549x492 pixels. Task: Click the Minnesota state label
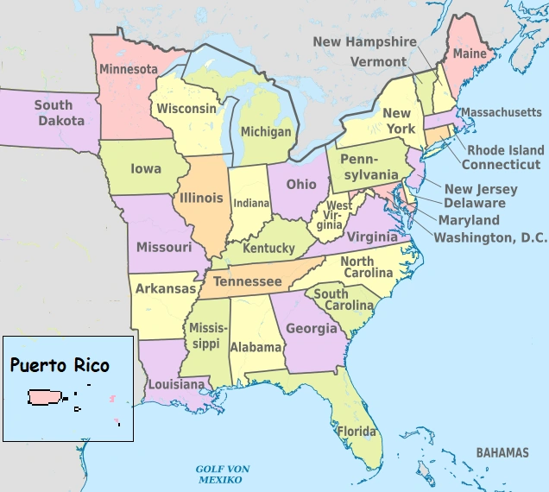point(128,69)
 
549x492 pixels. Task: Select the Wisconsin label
point(186,109)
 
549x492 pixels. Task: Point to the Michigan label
point(266,132)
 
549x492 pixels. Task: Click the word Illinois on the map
point(200,198)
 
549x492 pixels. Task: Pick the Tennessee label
point(247,282)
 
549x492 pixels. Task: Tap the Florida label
point(357,432)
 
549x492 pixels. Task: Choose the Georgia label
point(312,329)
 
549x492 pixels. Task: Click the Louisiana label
point(175,384)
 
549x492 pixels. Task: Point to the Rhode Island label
point(506,150)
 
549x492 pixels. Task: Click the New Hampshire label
point(364,41)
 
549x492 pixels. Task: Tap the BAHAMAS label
point(502,452)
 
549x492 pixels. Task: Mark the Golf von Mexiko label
point(222,474)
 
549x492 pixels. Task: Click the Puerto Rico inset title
point(60,364)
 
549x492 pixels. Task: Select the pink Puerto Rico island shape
point(45,397)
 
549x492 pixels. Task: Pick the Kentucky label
point(268,249)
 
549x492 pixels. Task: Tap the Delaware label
point(474,204)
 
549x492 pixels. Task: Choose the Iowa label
point(146,169)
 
